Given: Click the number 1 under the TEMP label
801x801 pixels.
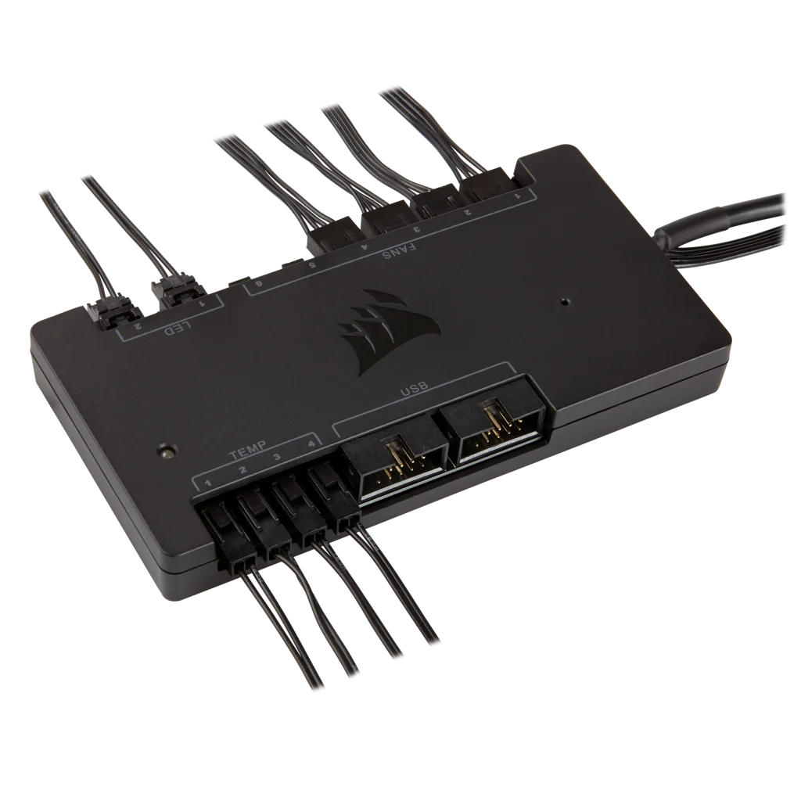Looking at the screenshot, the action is tap(207, 481).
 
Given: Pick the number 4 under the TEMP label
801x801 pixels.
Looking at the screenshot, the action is tap(311, 444).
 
